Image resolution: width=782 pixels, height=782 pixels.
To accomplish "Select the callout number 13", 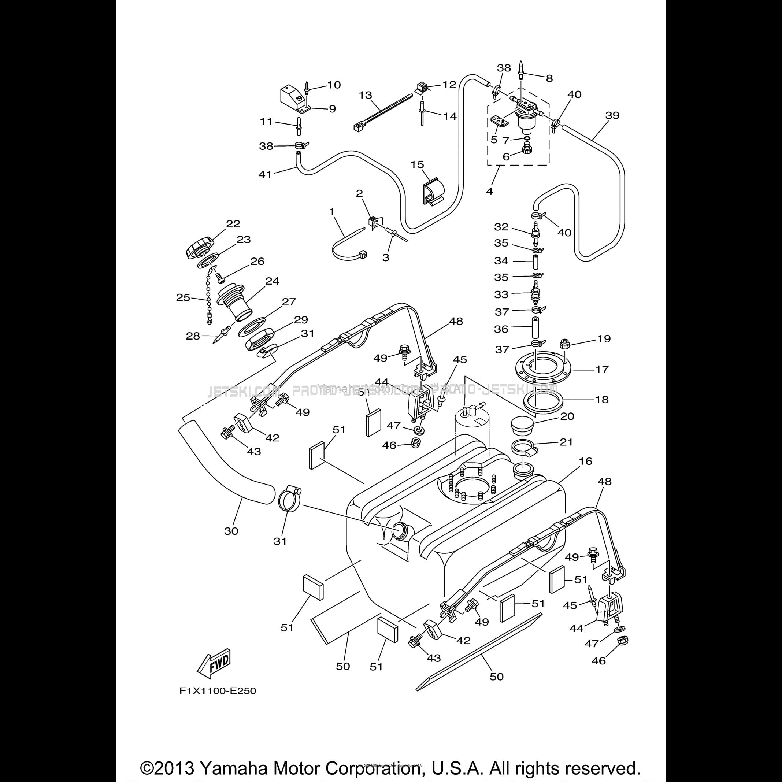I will click(x=365, y=95).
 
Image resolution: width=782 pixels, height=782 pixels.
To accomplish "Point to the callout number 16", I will click(x=585, y=461).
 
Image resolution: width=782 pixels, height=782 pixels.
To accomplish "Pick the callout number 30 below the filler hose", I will click(x=231, y=531).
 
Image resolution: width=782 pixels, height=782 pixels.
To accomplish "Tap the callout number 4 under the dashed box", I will click(x=489, y=191).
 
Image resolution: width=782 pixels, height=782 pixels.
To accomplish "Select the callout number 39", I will click(x=612, y=115).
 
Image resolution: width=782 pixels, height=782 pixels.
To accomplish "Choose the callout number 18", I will click(x=602, y=400).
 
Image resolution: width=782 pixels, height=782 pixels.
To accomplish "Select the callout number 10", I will click(x=334, y=85).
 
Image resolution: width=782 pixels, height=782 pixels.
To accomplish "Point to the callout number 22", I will click(x=233, y=224).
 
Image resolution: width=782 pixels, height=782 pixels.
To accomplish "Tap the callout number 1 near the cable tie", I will click(x=332, y=212).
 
